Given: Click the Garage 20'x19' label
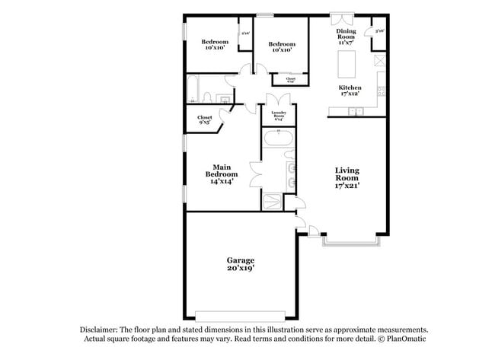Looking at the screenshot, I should click(x=240, y=263).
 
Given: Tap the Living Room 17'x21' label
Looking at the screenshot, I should click(x=346, y=177).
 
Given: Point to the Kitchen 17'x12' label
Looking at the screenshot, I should click(x=350, y=91).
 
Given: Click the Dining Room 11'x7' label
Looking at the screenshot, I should click(x=346, y=37).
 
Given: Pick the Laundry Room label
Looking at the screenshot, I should click(x=278, y=116).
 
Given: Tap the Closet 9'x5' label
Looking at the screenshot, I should click(x=205, y=120).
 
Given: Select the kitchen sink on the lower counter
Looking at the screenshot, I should click(x=354, y=112).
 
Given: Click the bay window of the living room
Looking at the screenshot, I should click(x=350, y=242).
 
